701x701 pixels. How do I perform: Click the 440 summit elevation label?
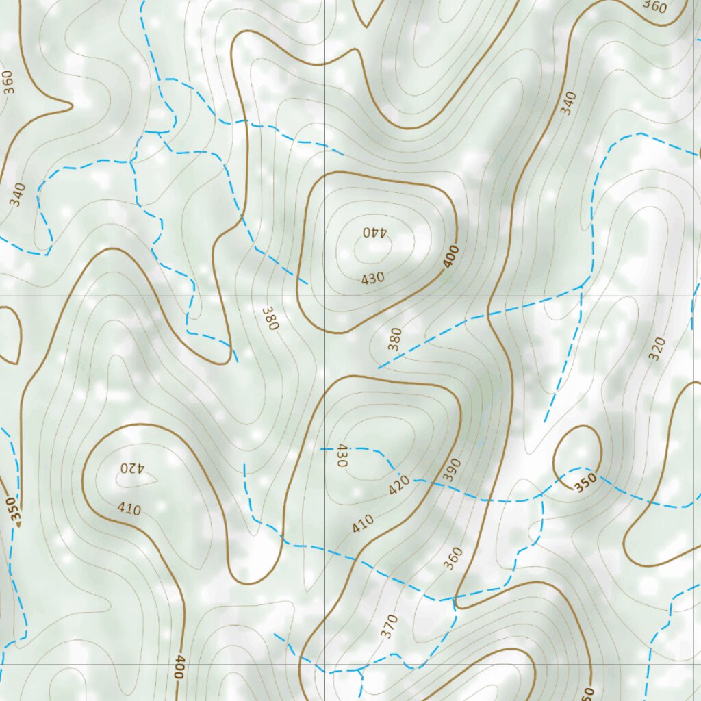pos(374,231)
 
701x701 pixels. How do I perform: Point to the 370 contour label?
pos(389,626)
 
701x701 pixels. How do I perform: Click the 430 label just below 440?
pos(372,279)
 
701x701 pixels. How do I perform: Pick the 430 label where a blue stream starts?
pos(342,455)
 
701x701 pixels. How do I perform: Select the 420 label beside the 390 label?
pos(399,485)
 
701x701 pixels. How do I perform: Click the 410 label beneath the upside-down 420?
pos(129,509)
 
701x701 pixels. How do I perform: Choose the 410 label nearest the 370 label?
pos(363,524)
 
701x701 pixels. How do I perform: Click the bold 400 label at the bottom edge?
pos(179,667)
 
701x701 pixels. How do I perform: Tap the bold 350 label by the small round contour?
pos(585,483)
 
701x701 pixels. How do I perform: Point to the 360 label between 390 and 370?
pos(453,558)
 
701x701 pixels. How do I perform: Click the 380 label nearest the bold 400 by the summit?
pos(395,339)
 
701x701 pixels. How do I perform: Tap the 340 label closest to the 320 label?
pos(567,103)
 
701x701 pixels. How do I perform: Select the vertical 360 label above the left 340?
pos(8,81)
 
